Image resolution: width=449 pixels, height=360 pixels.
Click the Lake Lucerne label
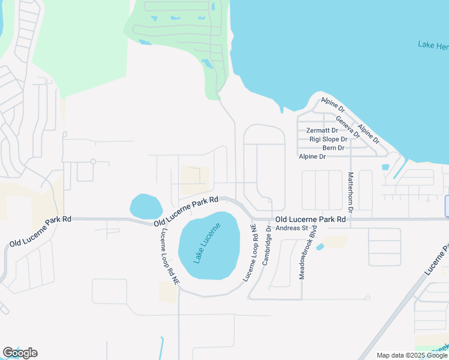click(x=207, y=243)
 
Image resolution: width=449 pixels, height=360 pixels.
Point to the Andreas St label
click(x=292, y=228)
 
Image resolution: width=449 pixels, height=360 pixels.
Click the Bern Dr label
click(x=333, y=148)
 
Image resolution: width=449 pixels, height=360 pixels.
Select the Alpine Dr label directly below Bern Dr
click(x=312, y=157)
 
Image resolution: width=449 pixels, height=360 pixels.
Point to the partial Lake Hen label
click(x=433, y=46)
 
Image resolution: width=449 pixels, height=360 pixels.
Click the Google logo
click(x=20, y=353)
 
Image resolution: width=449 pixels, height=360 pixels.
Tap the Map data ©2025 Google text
click(x=411, y=355)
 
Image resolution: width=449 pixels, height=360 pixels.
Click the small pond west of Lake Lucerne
click(x=145, y=206)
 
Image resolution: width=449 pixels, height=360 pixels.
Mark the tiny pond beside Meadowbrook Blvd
click(x=319, y=247)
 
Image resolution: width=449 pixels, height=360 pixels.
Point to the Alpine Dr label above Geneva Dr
click(x=333, y=106)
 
